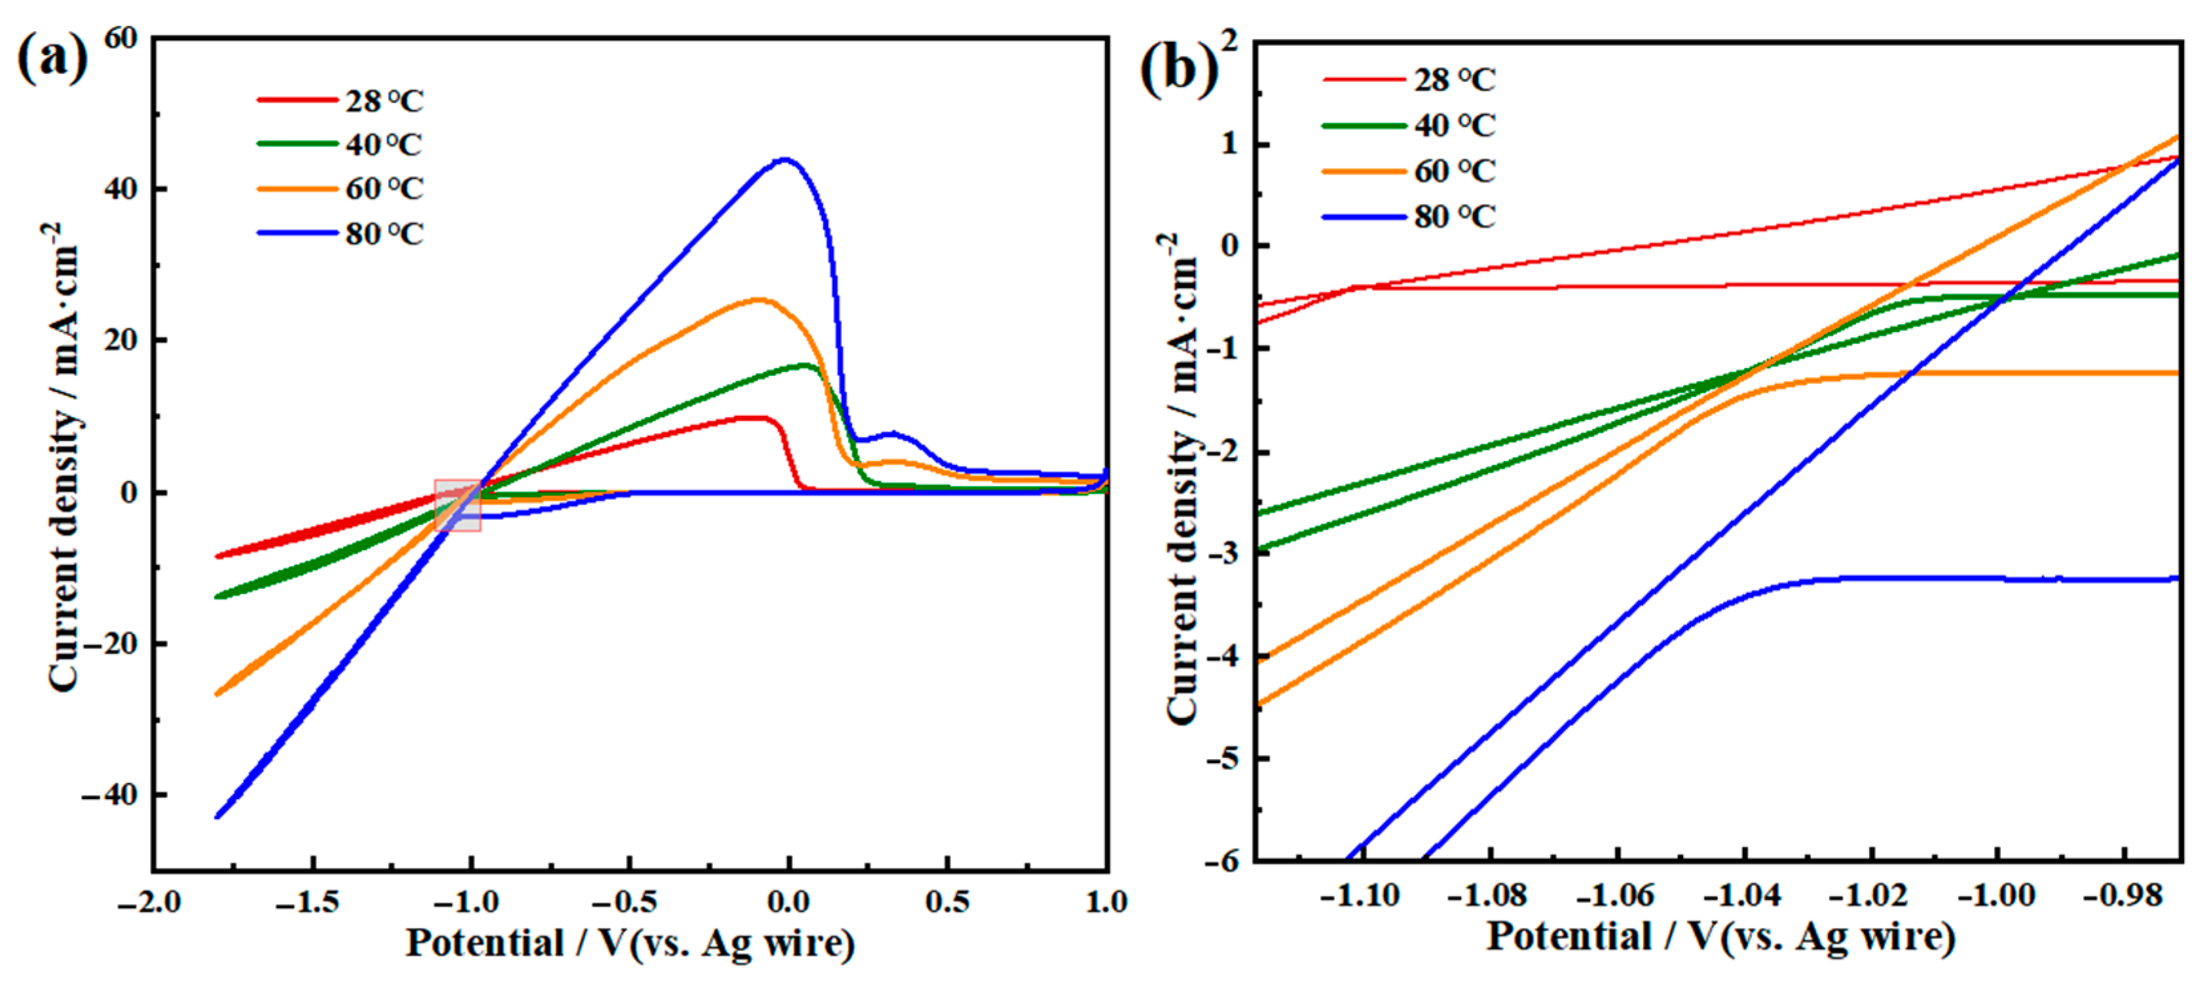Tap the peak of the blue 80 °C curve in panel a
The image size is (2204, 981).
point(785,160)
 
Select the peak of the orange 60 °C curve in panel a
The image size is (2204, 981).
point(758,300)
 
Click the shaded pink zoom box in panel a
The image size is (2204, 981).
point(458,505)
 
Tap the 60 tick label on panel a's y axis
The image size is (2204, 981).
point(121,38)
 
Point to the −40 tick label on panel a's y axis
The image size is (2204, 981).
point(109,796)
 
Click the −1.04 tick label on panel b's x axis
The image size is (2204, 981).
point(1743,895)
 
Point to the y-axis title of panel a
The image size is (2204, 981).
point(64,458)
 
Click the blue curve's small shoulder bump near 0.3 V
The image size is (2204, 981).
point(892,434)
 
